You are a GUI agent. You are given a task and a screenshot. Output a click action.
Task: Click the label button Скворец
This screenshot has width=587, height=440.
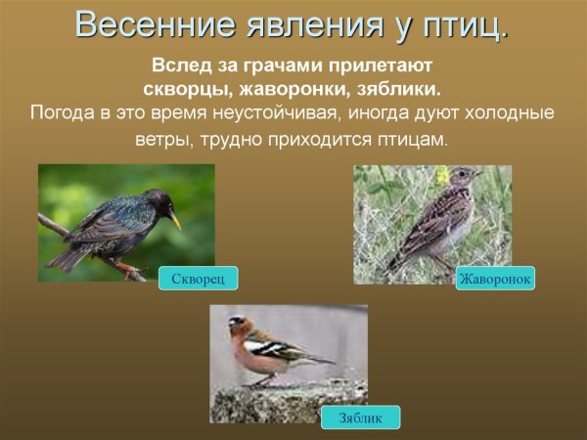pyautogui.click(x=198, y=279)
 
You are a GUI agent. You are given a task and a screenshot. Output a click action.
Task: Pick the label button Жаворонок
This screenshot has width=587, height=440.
pyautogui.click(x=495, y=279)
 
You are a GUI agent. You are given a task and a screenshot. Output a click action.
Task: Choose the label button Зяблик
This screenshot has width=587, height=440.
pyautogui.click(x=360, y=418)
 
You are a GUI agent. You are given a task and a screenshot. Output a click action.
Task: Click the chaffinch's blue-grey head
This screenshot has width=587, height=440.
pyautogui.click(x=237, y=323)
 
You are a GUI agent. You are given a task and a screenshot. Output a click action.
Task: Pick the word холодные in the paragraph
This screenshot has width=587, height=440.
pyautogui.click(x=510, y=112)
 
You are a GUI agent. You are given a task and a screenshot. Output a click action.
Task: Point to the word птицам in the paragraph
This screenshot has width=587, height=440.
pyautogui.click(x=416, y=140)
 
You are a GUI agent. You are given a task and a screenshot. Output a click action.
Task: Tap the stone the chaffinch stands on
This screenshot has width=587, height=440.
pyautogui.click(x=284, y=401)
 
